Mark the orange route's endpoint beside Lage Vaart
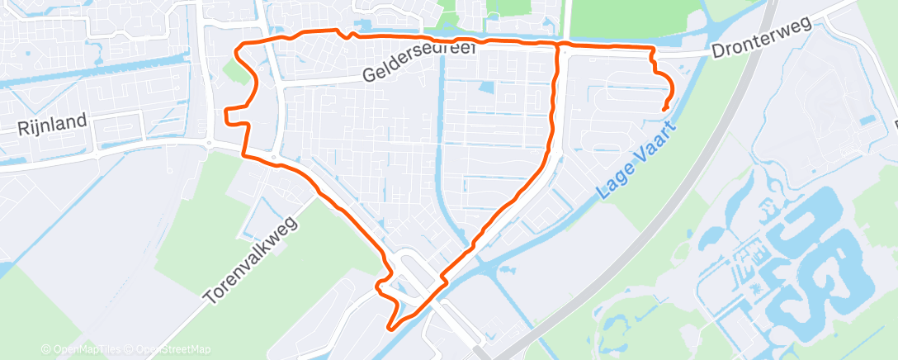click(664, 108)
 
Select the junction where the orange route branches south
click(559, 45)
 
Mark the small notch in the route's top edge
click(352, 35)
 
